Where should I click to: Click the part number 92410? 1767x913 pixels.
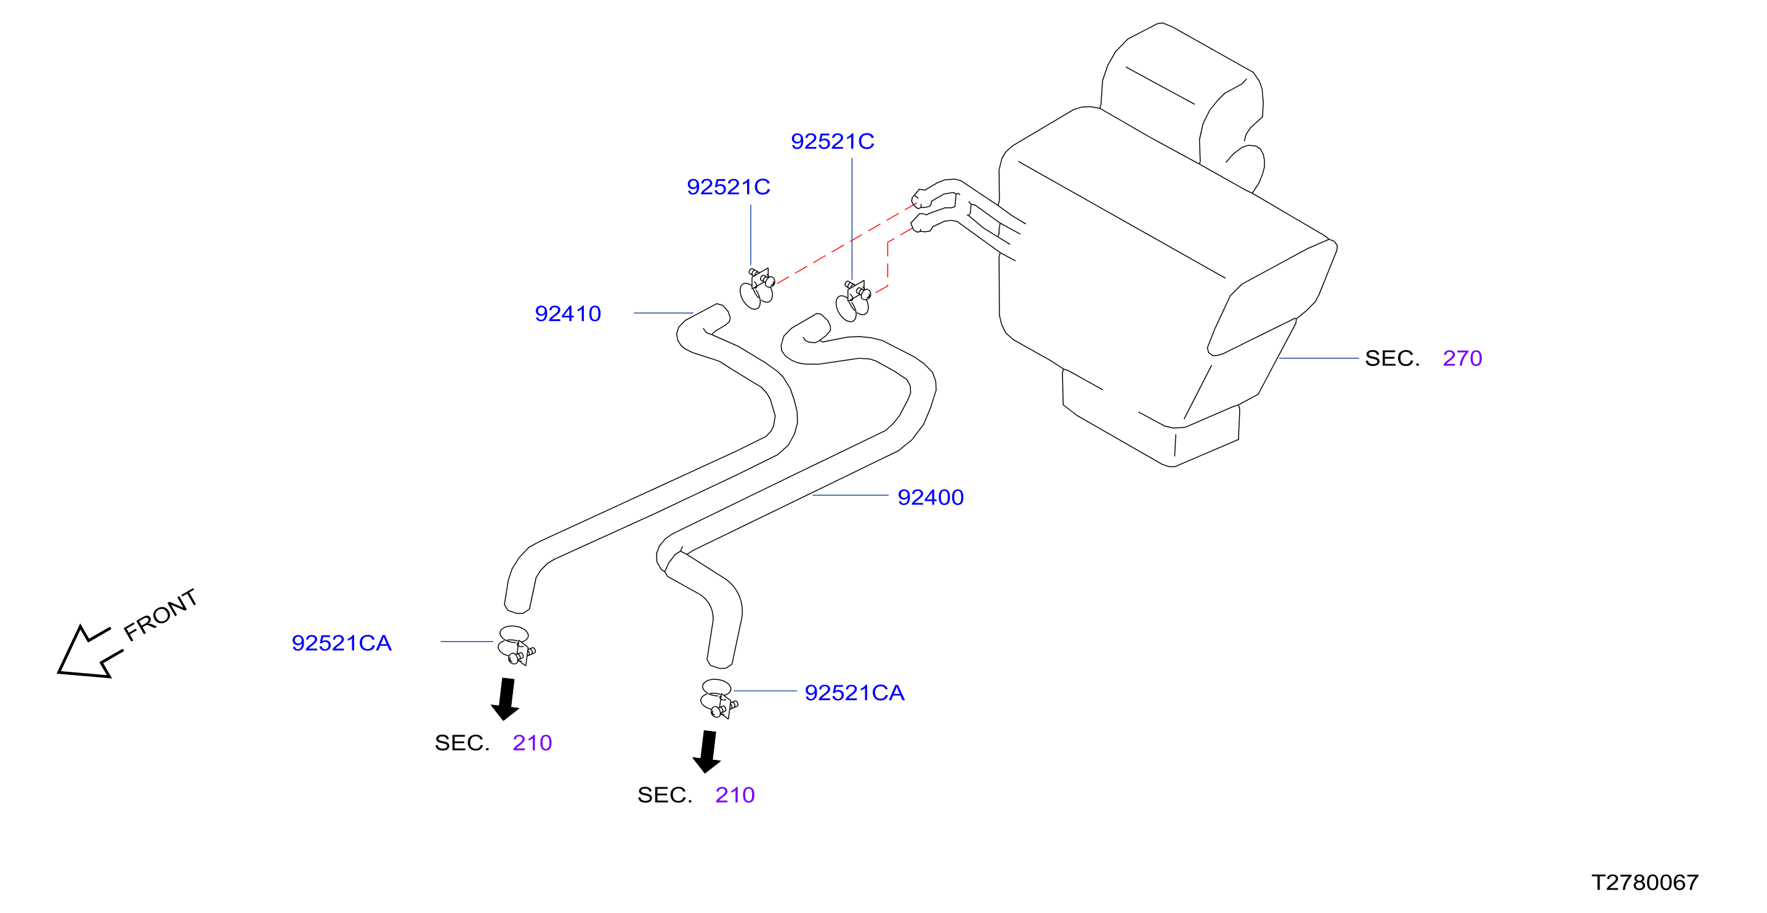pos(567,313)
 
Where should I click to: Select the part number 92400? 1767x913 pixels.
pos(930,497)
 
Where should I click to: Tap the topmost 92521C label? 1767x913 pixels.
pos(832,142)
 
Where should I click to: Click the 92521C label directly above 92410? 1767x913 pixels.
pos(728,186)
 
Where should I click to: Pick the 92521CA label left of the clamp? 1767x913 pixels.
pos(341,643)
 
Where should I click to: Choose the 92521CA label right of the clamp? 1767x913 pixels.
pos(854,692)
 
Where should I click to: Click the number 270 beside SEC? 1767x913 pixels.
pos(1462,358)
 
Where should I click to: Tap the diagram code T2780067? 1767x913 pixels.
pos(1644,882)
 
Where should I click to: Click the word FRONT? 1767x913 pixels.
pos(161,614)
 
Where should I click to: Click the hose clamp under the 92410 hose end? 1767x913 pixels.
pos(516,645)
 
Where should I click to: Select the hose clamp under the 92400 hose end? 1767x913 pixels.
pos(718,698)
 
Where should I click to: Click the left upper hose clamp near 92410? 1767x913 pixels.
pos(756,289)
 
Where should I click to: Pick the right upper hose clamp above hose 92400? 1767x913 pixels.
pos(852,301)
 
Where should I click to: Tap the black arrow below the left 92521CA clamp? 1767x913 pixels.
pos(506,699)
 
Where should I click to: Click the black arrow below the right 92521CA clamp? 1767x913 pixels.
pos(707,752)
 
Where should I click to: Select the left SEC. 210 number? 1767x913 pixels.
pos(532,743)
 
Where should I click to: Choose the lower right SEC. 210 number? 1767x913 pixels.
pos(734,794)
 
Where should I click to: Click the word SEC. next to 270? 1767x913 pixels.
pos(1392,358)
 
